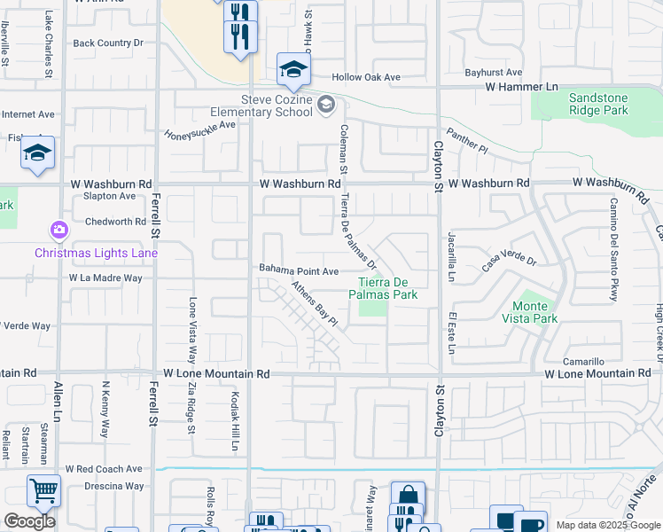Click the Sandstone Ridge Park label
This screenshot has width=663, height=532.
point(586,104)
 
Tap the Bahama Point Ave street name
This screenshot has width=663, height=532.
point(299,270)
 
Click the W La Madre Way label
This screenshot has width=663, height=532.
point(105,278)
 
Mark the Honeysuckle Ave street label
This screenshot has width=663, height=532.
point(199,130)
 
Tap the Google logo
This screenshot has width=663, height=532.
point(29,521)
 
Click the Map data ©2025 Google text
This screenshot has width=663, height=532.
point(607,525)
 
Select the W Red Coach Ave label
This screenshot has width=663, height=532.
point(105,468)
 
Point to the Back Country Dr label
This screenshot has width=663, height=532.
point(108,43)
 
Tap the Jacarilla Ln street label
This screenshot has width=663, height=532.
point(451,257)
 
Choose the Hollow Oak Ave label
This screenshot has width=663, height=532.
point(366,78)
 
